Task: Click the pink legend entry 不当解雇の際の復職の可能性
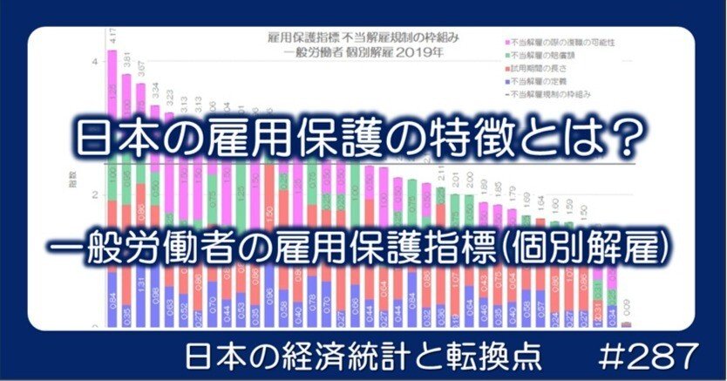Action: point(563,42)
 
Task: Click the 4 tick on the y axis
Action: point(94,64)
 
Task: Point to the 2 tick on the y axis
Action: point(94,195)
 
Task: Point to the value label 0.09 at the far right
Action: point(627,307)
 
